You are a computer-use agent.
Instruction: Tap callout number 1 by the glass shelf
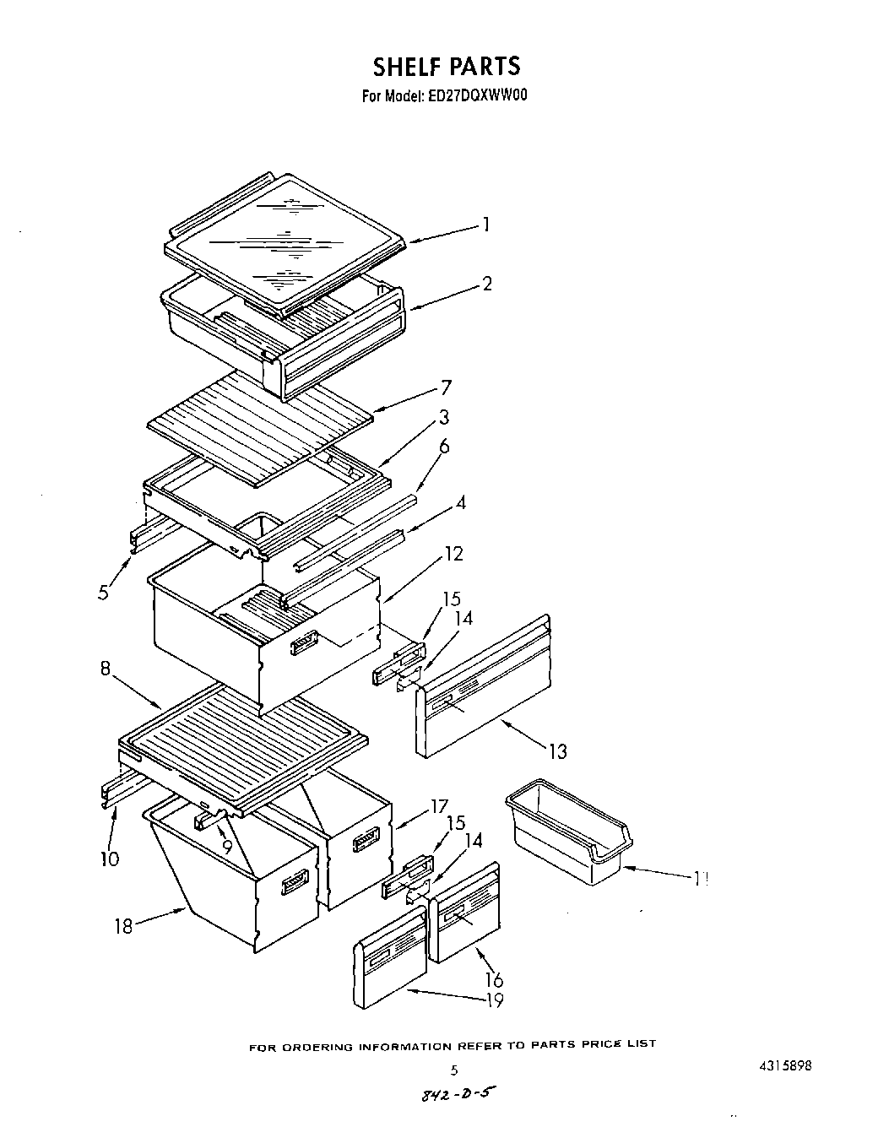point(485,225)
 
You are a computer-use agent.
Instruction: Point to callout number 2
point(487,284)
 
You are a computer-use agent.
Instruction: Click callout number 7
point(445,388)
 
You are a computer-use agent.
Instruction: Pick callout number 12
point(453,554)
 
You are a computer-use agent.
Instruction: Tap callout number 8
point(106,668)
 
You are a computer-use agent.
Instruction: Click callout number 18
point(124,925)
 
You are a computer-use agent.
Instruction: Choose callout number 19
point(494,1000)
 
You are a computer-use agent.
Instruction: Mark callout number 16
point(494,979)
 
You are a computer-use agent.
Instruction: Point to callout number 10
point(109,859)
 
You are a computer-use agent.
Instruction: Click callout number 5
point(103,593)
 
